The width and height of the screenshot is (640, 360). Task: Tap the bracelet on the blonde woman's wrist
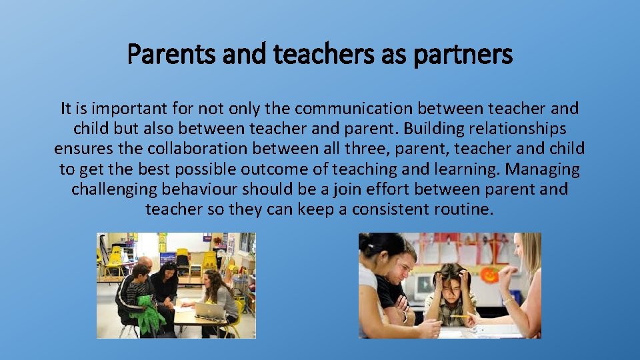[509, 301]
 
